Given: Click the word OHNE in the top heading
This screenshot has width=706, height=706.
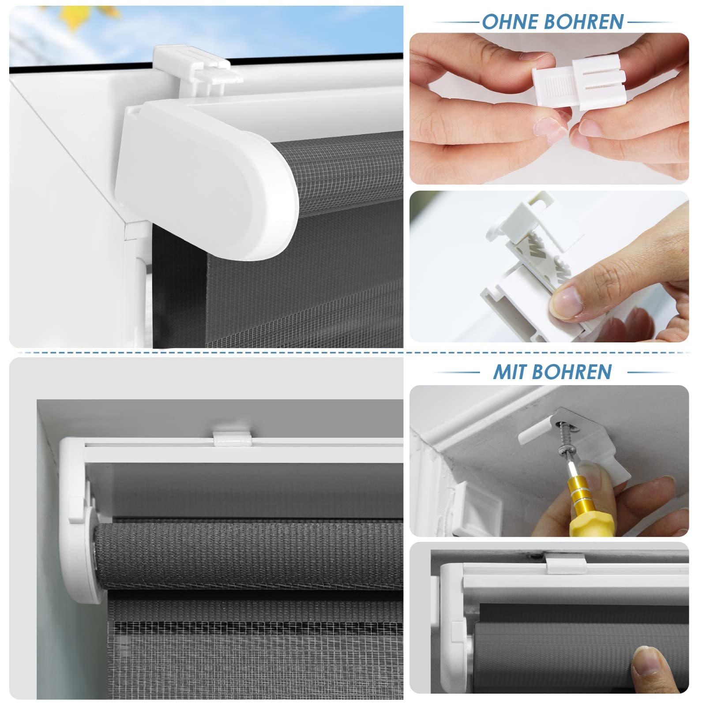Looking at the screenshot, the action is pos(510,22).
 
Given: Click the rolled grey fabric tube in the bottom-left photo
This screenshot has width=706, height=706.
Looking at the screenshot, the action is pos(249,557).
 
